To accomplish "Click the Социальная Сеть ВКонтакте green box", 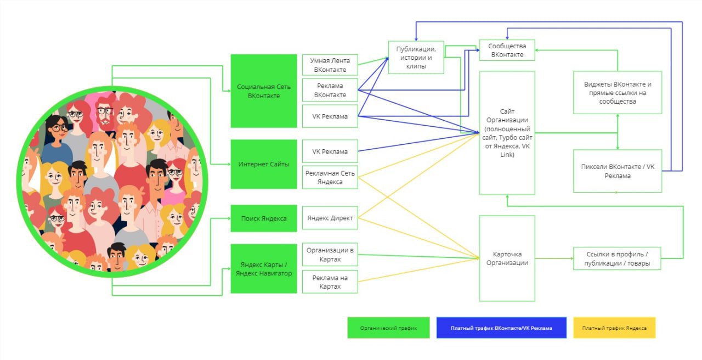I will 264,91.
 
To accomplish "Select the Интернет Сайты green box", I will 264,164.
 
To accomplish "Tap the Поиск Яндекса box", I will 264,218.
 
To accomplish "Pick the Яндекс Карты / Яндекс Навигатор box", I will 264,268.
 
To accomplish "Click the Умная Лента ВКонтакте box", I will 330,65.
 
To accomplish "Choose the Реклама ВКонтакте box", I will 330,91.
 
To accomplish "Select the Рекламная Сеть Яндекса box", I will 330,177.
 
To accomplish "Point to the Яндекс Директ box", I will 330,218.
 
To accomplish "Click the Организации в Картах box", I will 330,254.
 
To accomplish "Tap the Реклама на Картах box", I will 330,282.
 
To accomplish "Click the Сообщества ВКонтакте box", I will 507,50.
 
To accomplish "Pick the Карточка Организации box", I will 507,258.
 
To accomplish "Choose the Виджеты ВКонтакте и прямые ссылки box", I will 618,93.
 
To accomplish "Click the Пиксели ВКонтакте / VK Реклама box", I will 618,171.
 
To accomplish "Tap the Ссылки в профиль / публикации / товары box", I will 617,258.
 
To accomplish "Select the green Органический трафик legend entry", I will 388,328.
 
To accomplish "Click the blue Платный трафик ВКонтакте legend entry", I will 501,328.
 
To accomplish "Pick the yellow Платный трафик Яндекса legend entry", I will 614,328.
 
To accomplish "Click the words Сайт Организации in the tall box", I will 507,116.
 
